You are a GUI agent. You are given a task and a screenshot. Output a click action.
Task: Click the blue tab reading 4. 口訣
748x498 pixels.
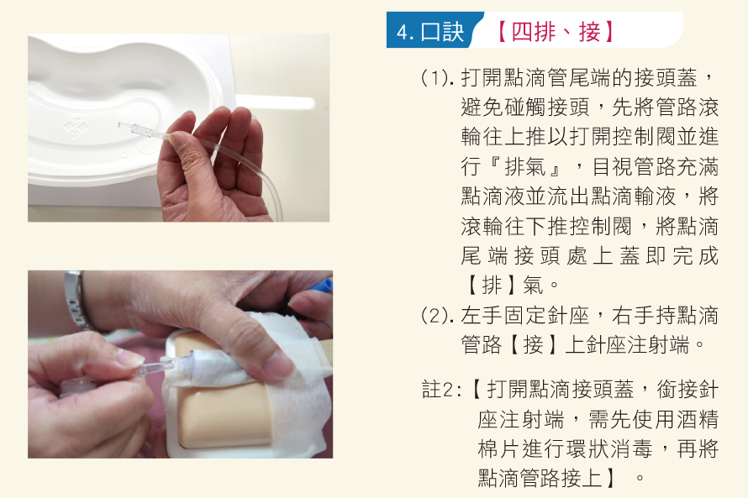coord(430,31)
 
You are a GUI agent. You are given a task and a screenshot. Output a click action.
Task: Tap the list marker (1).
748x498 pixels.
coord(436,79)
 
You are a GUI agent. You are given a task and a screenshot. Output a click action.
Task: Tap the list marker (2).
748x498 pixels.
coord(436,316)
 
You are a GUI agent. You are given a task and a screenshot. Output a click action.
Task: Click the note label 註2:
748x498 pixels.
coord(442,390)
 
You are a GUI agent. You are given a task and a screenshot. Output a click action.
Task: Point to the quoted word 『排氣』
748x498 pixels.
coord(524,167)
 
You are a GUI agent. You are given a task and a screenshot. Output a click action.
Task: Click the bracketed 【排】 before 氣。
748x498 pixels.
coord(491,286)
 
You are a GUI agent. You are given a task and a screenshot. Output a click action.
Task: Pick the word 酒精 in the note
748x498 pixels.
coord(697,419)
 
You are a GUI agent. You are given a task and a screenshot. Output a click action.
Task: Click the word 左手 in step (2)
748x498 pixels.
coord(482,316)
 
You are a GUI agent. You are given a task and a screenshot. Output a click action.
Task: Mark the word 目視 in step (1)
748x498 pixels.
coord(613,167)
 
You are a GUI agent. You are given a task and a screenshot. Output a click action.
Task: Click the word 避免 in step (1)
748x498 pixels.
coord(482,107)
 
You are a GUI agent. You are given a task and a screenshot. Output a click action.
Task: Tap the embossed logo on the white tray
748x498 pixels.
coord(76,127)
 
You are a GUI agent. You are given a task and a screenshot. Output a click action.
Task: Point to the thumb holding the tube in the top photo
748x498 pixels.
coord(186,157)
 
